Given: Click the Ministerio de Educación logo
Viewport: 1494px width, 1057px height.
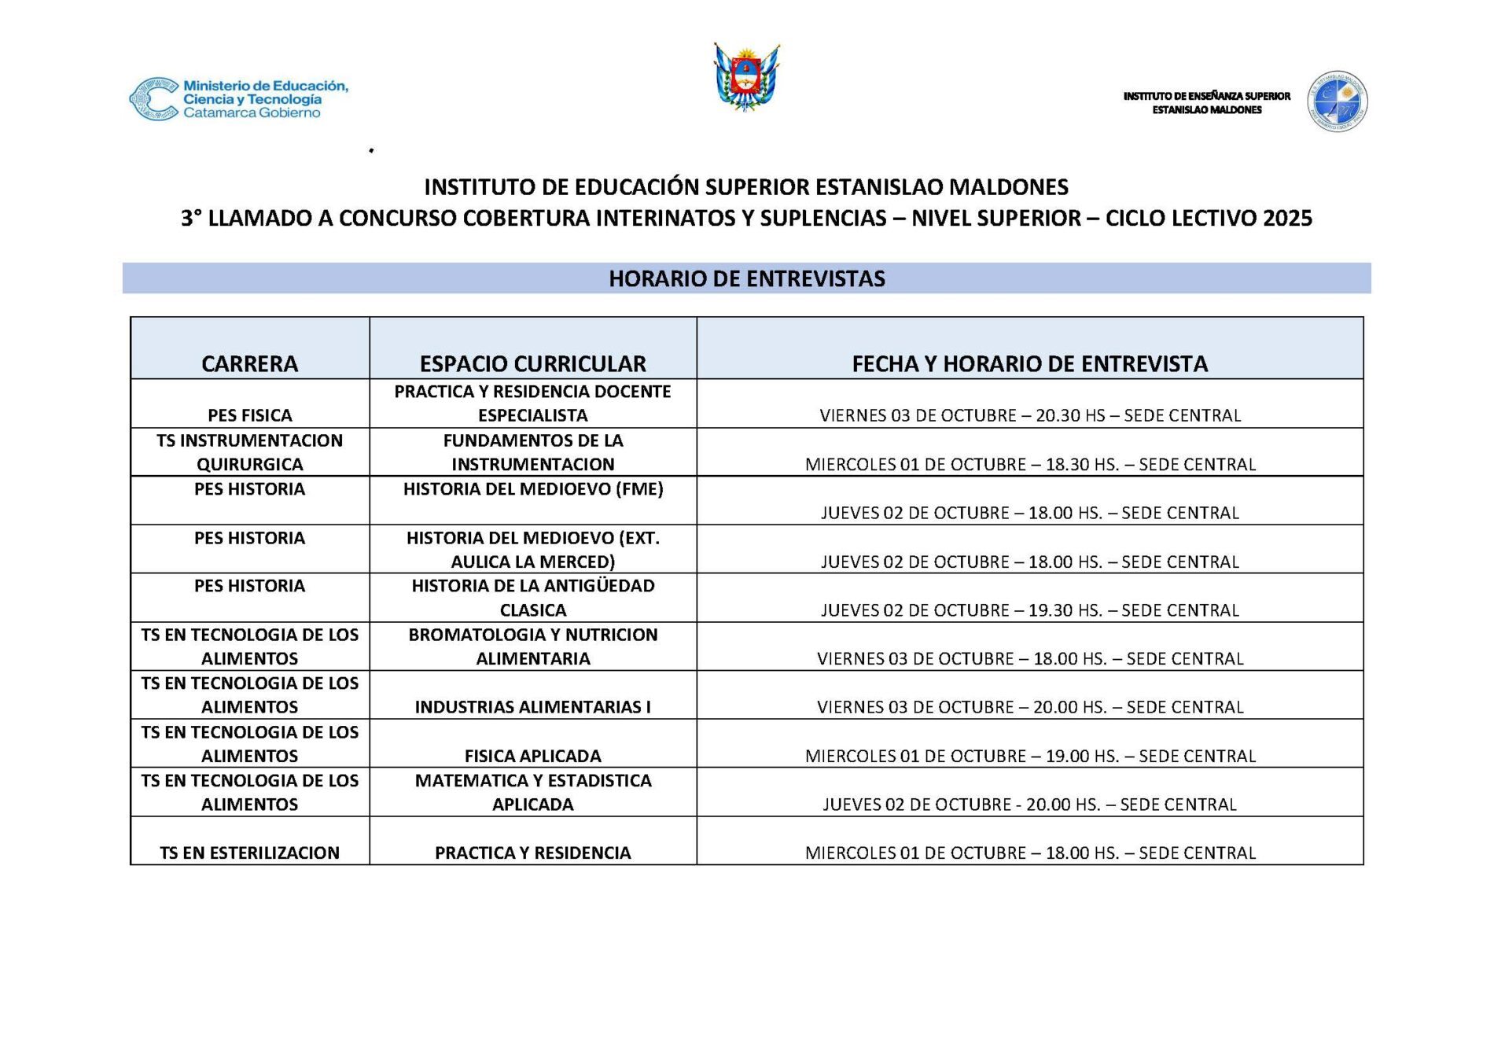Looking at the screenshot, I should coord(238,99).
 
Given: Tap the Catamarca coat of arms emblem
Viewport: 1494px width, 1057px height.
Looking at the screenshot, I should coord(746,77).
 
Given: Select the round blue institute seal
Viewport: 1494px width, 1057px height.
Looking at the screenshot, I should coord(1337,101).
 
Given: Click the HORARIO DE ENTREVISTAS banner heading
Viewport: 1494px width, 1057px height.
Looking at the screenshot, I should coord(746,278).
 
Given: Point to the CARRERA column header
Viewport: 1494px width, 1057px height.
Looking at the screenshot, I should coord(249,363).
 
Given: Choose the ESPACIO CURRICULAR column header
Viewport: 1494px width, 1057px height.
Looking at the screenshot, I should coord(532,363).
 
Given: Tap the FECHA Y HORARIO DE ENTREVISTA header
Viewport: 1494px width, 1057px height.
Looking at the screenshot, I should coord(1029,363).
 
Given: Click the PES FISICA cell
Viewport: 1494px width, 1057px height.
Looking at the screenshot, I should coord(249,415).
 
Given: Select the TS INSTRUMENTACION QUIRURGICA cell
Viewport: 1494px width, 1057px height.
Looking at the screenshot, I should coord(249,452).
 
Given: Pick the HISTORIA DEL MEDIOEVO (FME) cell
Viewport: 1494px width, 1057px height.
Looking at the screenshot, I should coord(532,489).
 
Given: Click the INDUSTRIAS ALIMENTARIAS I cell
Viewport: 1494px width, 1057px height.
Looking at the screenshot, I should coord(532,707).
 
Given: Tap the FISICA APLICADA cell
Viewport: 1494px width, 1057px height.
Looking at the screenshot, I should coord(532,756).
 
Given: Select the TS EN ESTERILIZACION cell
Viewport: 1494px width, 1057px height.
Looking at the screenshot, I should coord(249,853).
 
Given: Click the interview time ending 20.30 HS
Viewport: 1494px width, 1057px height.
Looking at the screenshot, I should coord(1029,415).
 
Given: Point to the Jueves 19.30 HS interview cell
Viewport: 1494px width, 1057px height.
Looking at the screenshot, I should coord(1029,610).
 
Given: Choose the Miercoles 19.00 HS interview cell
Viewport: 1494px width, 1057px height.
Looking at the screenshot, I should coord(1029,756).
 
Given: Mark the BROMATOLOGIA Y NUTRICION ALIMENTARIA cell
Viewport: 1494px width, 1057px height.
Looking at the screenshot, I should coord(532,646).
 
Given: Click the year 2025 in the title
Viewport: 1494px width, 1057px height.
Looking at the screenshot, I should coord(1287,218).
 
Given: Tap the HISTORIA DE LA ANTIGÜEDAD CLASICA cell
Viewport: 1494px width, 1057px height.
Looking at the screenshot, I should coord(532,598).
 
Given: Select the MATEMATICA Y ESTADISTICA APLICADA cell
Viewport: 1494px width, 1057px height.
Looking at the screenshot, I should coord(532,792).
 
